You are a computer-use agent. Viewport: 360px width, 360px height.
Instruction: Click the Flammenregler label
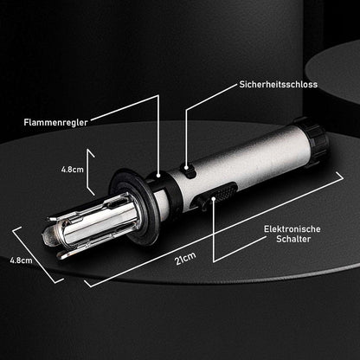tap(55, 122)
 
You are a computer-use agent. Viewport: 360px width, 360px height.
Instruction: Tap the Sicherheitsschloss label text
tap(279, 85)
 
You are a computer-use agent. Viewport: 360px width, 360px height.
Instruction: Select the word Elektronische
tap(292, 229)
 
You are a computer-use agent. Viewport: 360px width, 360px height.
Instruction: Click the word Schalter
tap(293, 239)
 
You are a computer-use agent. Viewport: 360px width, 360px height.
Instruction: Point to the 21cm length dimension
tap(185, 258)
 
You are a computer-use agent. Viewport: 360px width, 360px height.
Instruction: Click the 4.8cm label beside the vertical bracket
tap(72, 170)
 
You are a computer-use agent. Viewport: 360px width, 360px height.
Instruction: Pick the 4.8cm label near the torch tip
tap(21, 260)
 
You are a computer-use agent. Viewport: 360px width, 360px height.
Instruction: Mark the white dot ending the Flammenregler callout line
tap(158, 176)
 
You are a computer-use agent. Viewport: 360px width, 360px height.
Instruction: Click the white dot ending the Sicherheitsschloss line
tap(186, 167)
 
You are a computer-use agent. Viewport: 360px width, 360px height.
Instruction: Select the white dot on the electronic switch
tap(214, 198)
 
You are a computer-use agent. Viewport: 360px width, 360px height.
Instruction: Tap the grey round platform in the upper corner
tap(335, 72)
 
